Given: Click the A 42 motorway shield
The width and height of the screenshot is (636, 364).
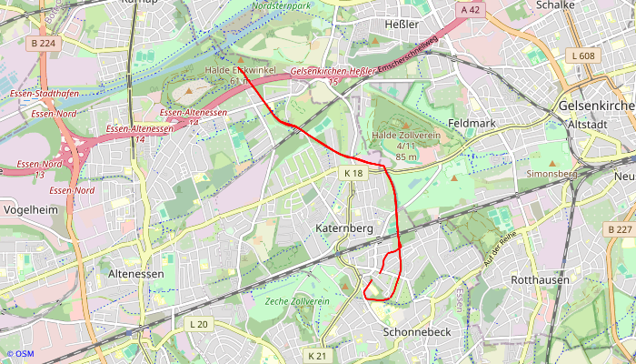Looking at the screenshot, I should (x=469, y=9).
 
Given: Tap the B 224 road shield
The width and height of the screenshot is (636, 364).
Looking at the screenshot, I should (x=42, y=43).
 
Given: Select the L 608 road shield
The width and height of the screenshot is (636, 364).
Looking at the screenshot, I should (x=585, y=56).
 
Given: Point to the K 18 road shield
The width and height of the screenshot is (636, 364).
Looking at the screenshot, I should (x=353, y=173).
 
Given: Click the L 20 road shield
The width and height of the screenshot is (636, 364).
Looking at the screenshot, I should (x=199, y=324).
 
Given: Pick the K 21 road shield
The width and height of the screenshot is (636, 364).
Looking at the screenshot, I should (x=316, y=355).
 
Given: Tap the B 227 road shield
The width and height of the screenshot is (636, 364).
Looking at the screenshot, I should (x=621, y=229).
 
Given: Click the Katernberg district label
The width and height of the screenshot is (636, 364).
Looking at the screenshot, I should (x=344, y=227).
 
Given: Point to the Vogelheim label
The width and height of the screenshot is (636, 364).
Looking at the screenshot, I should (x=32, y=208).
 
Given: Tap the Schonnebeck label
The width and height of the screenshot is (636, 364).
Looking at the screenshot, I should (x=418, y=332).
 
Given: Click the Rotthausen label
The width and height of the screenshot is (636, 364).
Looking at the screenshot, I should (x=541, y=279).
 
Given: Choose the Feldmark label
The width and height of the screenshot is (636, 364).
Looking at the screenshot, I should (x=472, y=122).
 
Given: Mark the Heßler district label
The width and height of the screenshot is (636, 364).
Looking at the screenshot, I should (x=402, y=24).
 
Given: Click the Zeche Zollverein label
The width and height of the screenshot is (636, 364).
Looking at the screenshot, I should (x=297, y=300).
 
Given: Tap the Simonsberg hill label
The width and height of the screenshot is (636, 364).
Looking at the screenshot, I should (x=552, y=173).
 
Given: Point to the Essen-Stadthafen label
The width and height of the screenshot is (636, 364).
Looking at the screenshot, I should (x=42, y=94).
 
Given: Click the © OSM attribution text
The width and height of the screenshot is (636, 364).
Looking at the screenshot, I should (x=20, y=353).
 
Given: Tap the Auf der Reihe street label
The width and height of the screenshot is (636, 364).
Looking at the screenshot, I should (x=499, y=246).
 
